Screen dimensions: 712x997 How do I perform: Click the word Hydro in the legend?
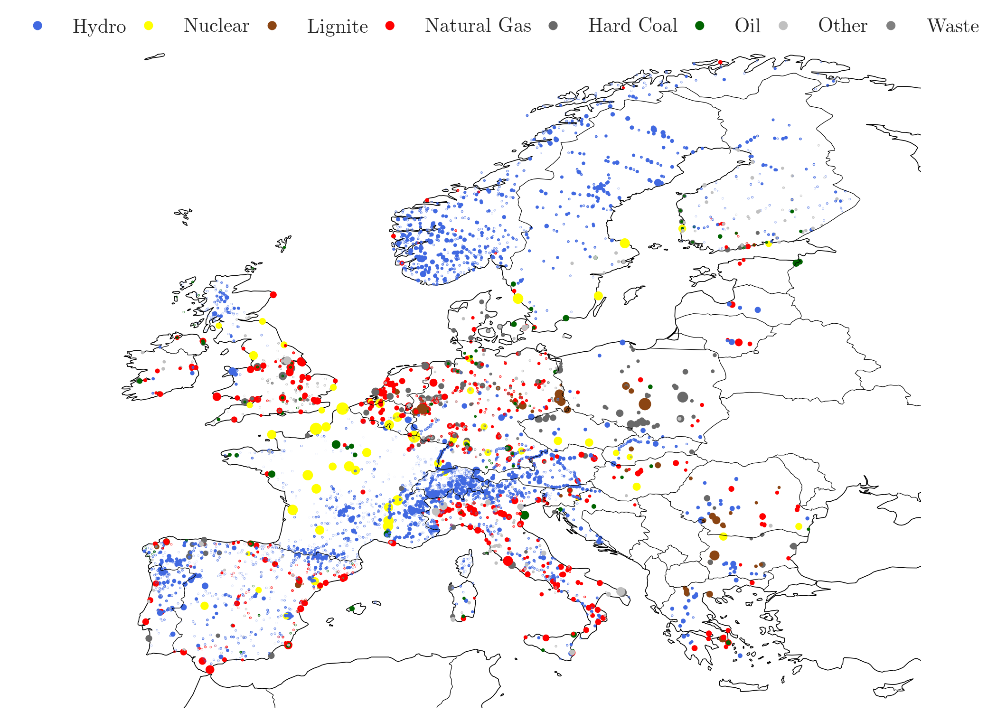99,26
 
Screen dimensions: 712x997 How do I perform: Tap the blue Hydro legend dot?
38,26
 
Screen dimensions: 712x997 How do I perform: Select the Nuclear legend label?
216,26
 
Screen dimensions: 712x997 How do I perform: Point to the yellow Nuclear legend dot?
149,26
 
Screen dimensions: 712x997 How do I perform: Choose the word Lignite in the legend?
337,26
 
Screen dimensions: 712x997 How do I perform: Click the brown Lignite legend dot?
272,26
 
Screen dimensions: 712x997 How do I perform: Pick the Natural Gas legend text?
478,26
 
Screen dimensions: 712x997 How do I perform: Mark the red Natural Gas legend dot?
390,26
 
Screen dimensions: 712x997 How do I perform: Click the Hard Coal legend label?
632,26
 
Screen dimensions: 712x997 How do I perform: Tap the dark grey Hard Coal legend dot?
553,26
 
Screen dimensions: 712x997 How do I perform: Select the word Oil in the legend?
747,26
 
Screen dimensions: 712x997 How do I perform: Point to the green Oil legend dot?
699,26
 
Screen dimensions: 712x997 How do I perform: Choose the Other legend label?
842,26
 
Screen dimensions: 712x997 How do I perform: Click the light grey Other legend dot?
783,26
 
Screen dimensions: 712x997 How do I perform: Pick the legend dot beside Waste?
891,26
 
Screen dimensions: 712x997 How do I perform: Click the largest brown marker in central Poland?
645,404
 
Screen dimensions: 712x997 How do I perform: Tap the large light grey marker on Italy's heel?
621,592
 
